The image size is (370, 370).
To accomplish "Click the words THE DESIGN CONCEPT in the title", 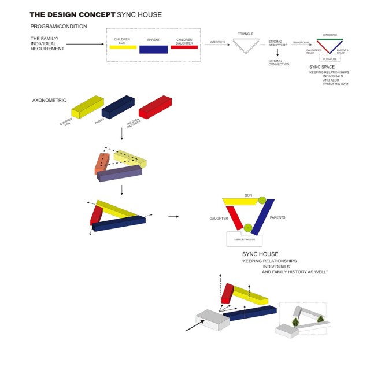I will click(72, 14).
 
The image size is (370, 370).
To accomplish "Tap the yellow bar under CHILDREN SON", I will click(122, 47).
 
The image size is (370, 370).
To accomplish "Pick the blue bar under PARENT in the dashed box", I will click(153, 50).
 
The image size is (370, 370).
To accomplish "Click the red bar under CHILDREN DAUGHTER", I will click(184, 47).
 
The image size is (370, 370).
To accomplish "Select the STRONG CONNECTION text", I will click(279, 62).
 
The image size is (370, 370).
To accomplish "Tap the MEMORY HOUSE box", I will click(244, 239).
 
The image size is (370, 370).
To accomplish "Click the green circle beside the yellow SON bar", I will click(262, 199).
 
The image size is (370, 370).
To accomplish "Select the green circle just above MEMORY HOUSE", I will click(247, 227).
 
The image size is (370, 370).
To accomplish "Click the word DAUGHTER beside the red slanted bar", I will click(219, 219).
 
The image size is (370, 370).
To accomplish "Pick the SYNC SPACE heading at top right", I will click(322, 67).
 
